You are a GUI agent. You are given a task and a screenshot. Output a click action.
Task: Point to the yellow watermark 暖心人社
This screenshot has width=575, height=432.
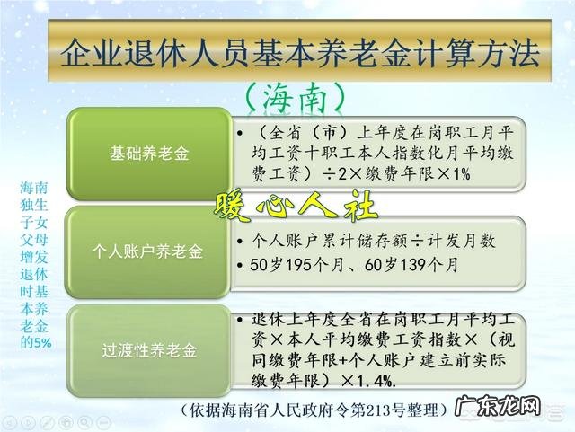coord(295,206)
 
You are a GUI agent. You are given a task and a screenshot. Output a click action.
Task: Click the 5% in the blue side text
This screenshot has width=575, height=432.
coord(42,342)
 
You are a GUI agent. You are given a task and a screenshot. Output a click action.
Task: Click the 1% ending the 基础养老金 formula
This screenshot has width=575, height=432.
coord(456,174)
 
